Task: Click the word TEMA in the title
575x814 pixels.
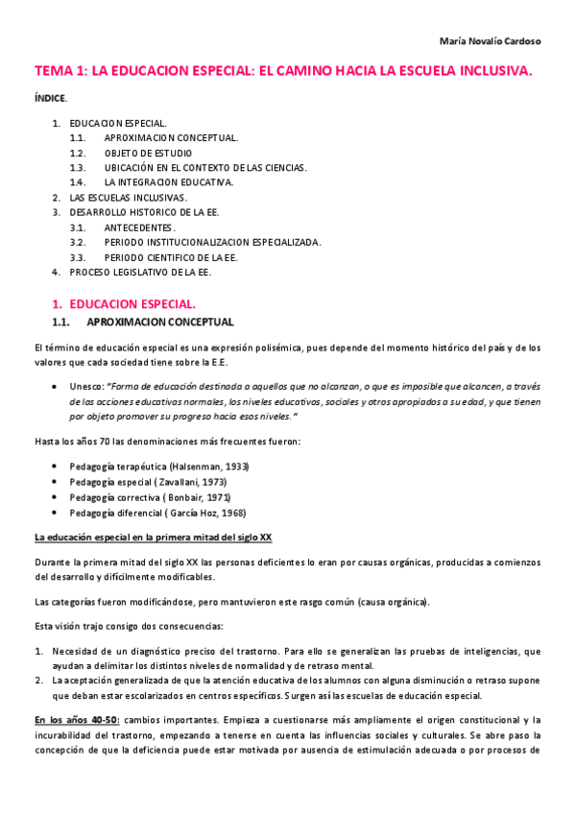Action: pyautogui.click(x=53, y=71)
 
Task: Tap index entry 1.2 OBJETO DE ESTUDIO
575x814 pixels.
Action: pyautogui.click(x=148, y=153)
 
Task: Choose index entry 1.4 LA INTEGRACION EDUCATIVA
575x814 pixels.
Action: pyautogui.click(x=168, y=181)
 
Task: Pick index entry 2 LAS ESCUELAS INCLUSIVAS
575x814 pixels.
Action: pyautogui.click(x=128, y=197)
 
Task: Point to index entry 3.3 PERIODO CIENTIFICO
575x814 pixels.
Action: pyautogui.click(x=171, y=257)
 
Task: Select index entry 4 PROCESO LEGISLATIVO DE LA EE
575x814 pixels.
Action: pyautogui.click(x=139, y=272)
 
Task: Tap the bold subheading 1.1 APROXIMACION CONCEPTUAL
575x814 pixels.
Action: pyautogui.click(x=159, y=321)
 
